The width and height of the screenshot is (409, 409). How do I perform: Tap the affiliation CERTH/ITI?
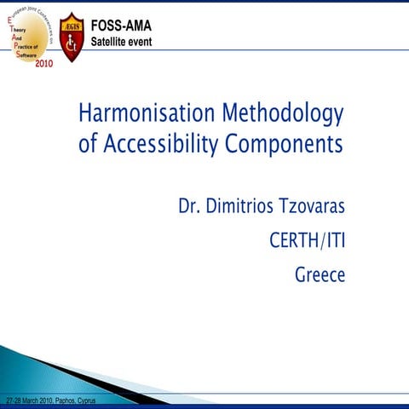tap(308, 242)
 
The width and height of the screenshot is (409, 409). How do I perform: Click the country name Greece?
tap(320, 275)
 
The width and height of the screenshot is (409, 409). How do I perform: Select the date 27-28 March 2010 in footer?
tap(27, 400)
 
